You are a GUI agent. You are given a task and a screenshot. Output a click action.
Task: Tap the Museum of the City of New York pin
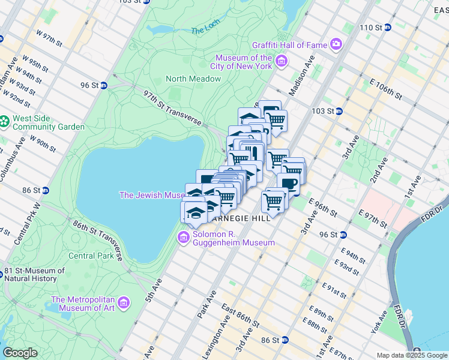(x=281, y=61)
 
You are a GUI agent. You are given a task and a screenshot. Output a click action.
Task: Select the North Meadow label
(x=193, y=79)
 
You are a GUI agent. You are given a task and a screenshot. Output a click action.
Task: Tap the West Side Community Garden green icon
(x=5, y=122)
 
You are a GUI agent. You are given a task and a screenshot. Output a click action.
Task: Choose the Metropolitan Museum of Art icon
(x=124, y=302)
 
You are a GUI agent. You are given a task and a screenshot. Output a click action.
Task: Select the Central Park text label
(x=91, y=256)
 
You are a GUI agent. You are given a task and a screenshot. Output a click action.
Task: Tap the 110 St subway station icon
(x=388, y=27)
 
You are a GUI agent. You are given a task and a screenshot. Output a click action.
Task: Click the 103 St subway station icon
(x=339, y=111)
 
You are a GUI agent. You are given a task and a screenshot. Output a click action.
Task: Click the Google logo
(x=20, y=353)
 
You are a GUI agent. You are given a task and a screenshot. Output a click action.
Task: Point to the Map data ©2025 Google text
(x=412, y=355)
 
